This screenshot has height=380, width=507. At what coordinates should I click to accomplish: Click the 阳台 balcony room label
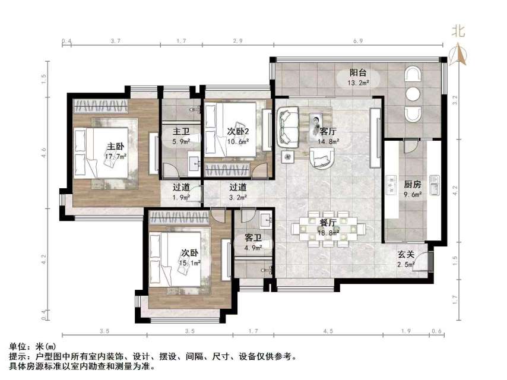point(357,72)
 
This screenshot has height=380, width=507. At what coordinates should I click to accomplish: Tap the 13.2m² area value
point(359,83)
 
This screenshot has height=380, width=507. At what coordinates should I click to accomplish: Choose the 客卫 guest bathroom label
point(253,238)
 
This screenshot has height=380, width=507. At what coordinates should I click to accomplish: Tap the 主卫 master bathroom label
point(180,131)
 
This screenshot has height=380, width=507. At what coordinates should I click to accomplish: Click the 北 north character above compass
point(458,30)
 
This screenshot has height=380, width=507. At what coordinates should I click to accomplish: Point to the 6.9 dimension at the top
point(357,41)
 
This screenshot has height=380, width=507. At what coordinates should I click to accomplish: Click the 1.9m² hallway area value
point(182,198)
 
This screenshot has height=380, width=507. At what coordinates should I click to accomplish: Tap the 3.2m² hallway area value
point(237,198)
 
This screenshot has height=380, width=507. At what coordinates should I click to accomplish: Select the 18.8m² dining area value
point(328,233)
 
